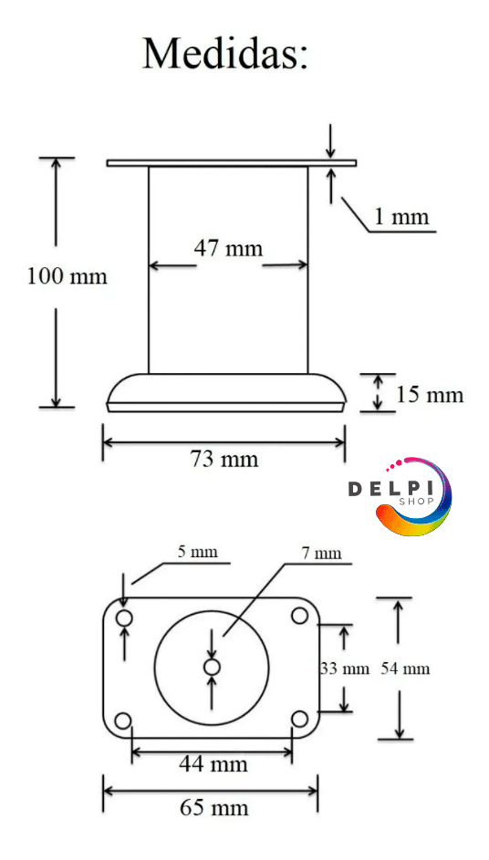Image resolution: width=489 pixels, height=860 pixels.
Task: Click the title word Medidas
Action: pyautogui.click(x=225, y=54)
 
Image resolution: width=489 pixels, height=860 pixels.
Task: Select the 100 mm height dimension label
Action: pyautogui.click(x=67, y=276)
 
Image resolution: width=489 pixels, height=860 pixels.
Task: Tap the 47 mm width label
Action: pyautogui.click(x=228, y=248)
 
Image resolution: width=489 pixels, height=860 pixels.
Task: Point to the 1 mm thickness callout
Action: pyautogui.click(x=401, y=217)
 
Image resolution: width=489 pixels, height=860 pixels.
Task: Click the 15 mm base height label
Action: pyautogui.click(x=430, y=394)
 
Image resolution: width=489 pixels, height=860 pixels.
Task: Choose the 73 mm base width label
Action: pyautogui.click(x=224, y=458)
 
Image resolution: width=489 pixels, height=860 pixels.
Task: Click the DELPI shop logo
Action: pyautogui.click(x=401, y=495)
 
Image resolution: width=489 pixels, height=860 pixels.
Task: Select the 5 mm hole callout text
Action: pyautogui.click(x=197, y=551)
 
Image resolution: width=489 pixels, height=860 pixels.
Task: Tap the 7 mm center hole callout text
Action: pyautogui.click(x=321, y=553)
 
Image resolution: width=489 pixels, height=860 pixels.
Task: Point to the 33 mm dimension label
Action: pyautogui.click(x=345, y=668)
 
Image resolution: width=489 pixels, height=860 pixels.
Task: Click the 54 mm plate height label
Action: pyautogui.click(x=405, y=668)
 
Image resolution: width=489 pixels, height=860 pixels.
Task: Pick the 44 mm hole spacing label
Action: pyautogui.click(x=213, y=763)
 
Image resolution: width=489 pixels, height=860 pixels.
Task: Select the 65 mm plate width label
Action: pyautogui.click(x=214, y=807)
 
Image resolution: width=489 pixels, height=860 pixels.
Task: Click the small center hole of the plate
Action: pyautogui.click(x=213, y=667)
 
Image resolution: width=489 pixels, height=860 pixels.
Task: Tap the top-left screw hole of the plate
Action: pyautogui.click(x=124, y=617)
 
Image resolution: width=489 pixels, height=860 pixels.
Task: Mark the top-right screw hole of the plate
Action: pyautogui.click(x=299, y=616)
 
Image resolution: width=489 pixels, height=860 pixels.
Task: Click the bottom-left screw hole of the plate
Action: pyautogui.click(x=123, y=720)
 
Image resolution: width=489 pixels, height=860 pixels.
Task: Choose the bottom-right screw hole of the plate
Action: pyautogui.click(x=299, y=718)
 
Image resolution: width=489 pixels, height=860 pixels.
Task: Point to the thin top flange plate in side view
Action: pyautogui.click(x=232, y=163)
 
